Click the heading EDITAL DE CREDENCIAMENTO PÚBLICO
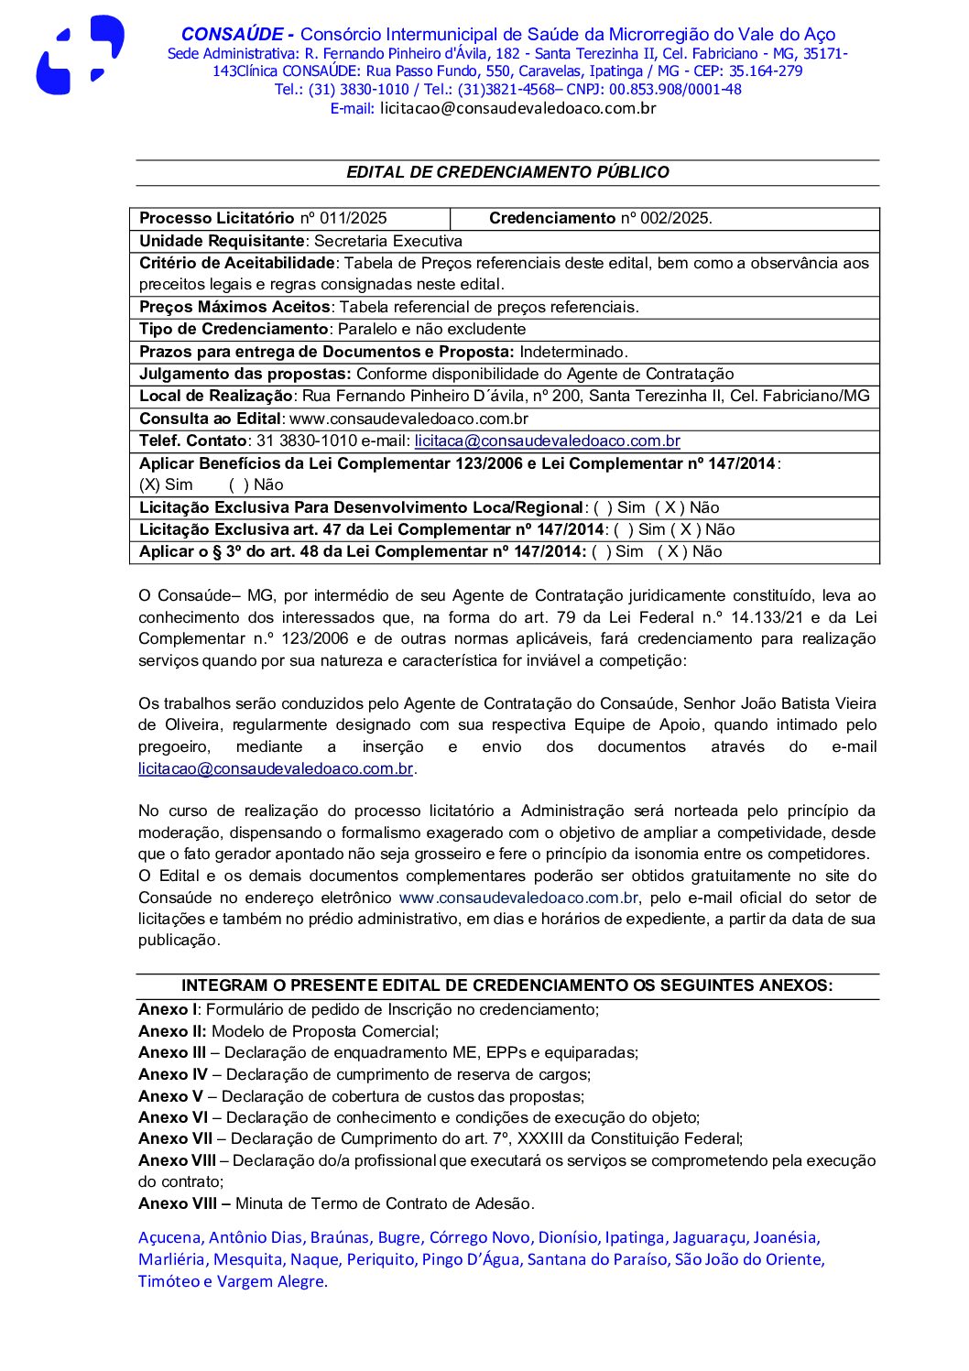click(507, 172)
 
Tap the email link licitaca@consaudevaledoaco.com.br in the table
click(547, 441)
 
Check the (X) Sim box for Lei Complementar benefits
click(166, 484)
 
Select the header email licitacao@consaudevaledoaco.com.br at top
click(517, 108)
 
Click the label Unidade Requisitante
click(221, 241)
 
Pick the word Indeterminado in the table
click(573, 352)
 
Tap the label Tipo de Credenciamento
click(234, 329)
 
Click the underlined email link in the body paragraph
click(276, 768)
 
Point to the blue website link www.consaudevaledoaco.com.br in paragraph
click(518, 898)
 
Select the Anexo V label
click(170, 1096)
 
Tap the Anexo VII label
click(175, 1138)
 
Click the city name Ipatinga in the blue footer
click(635, 1237)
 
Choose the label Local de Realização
click(215, 396)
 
